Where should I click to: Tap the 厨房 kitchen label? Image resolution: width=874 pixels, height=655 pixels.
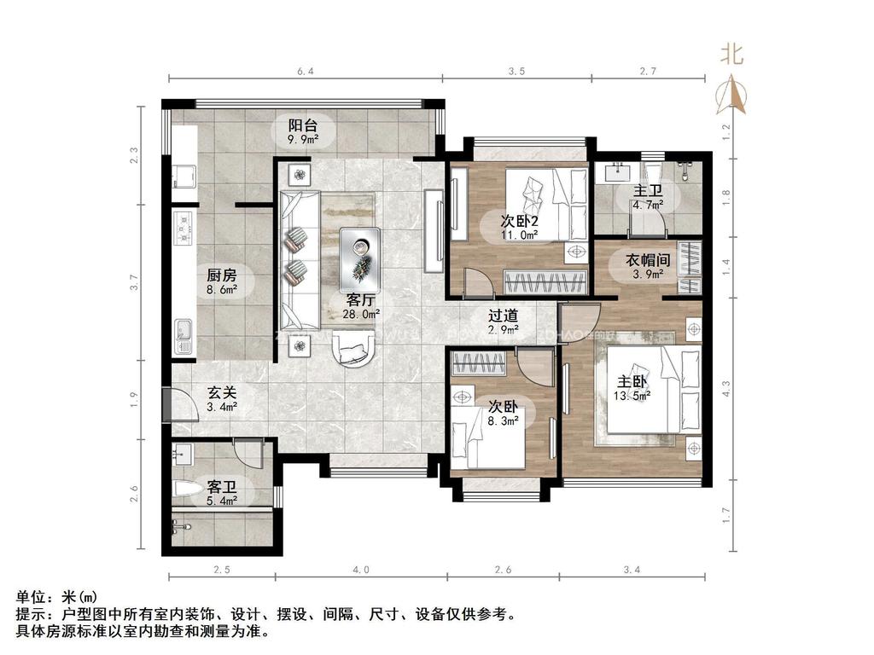tap(221, 275)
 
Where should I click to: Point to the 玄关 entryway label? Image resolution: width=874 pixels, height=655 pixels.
tap(222, 393)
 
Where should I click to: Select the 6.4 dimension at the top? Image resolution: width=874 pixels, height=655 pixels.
tap(306, 72)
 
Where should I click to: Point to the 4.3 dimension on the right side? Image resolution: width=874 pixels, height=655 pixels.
tap(726, 389)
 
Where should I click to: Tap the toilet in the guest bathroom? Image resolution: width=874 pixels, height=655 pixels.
tap(186, 490)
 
